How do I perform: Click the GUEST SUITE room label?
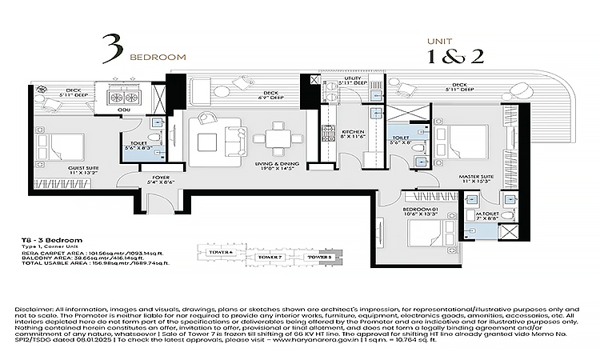click(60, 168)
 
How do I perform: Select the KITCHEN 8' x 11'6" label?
click(353, 134)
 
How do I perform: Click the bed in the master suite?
click(462, 143)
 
